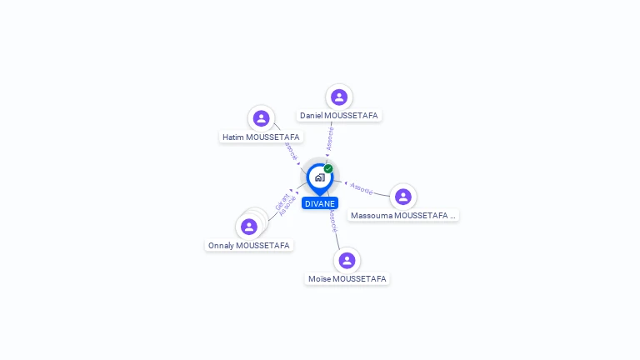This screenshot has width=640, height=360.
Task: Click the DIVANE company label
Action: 320,203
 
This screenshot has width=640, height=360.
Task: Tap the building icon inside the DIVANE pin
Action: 320,177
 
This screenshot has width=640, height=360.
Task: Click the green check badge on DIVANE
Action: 328,169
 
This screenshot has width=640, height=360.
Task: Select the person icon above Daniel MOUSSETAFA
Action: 338,97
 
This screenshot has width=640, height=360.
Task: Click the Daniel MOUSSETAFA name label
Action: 339,115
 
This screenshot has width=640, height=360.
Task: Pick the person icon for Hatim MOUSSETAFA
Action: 261,118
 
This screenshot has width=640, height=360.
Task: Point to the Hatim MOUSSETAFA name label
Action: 261,137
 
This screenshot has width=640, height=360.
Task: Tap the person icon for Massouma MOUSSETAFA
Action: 403,197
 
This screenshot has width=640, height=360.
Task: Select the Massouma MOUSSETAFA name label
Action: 403,215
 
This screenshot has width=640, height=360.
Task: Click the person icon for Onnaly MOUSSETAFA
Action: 248,227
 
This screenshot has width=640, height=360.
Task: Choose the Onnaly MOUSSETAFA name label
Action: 249,245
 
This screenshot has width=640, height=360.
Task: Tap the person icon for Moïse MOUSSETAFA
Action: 347,260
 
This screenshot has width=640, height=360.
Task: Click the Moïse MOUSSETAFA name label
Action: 347,278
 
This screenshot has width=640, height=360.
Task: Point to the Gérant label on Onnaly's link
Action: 281,201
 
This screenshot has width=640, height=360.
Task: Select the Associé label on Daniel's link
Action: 331,138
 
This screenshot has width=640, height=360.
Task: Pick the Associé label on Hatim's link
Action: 290,151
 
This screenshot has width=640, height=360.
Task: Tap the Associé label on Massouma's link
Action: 362,188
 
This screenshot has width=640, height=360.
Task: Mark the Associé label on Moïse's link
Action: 332,219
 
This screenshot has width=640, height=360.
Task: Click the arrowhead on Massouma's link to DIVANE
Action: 346,182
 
